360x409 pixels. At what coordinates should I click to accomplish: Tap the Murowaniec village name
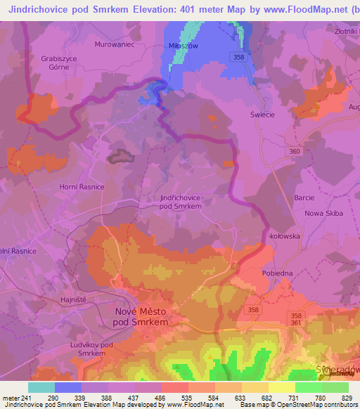114,43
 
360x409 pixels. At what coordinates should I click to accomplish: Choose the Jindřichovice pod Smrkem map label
181,202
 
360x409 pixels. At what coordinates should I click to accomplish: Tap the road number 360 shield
295,151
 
